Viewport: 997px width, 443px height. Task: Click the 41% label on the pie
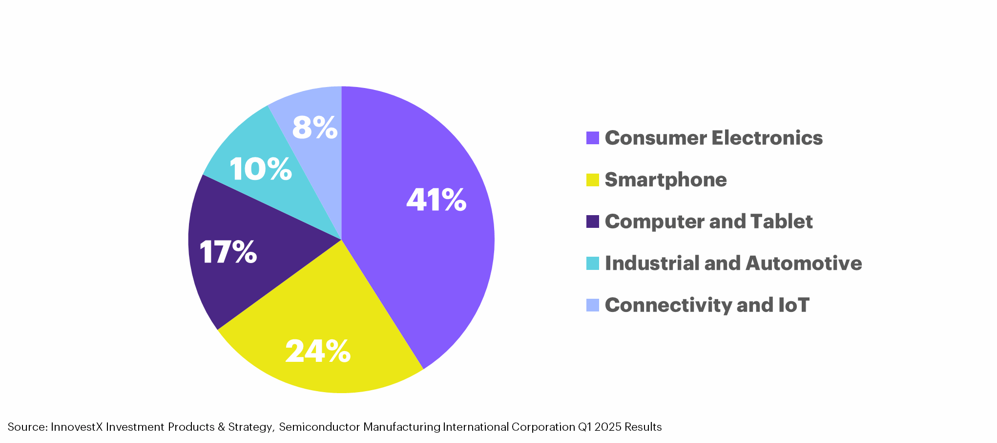click(436, 200)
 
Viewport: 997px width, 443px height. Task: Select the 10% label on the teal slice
click(261, 169)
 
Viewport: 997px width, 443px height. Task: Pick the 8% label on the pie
click(315, 128)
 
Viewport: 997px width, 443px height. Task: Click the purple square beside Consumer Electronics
click(592, 138)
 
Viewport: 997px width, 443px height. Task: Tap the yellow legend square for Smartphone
click(592, 180)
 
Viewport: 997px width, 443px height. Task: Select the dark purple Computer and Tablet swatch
click(592, 221)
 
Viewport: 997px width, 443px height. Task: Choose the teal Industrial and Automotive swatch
click(592, 264)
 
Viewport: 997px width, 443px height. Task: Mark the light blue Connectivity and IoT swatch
click(592, 305)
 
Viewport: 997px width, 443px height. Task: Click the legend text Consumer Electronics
click(713, 138)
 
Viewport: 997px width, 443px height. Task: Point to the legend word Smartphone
click(665, 180)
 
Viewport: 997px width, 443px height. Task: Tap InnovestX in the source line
click(77, 427)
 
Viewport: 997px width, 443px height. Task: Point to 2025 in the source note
click(608, 427)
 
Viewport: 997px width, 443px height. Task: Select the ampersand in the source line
click(221, 427)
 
